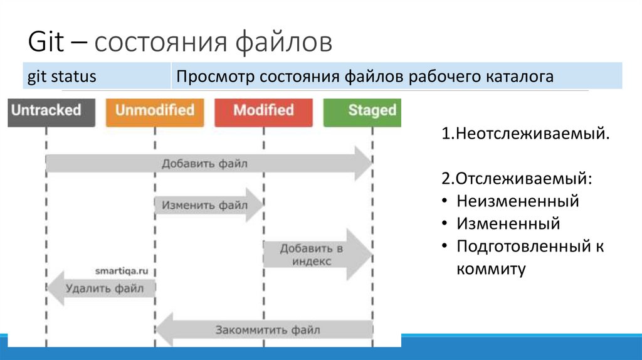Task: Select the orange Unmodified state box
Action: pos(155,112)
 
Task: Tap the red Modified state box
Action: pos(263,112)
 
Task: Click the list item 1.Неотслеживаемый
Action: pos(525,134)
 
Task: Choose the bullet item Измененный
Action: pos(508,223)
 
